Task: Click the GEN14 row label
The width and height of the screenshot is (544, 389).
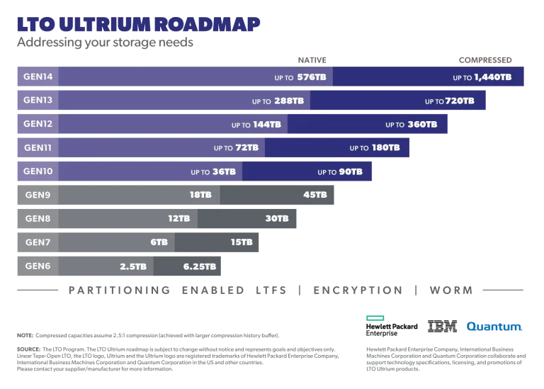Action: click(38, 77)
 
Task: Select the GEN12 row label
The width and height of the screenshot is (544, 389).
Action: click(38, 123)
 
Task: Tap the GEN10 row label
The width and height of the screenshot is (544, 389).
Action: click(38, 171)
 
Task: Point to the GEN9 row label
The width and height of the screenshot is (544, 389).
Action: click(38, 195)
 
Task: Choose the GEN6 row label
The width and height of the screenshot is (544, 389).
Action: click(38, 266)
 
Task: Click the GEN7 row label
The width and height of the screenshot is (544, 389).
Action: click(38, 242)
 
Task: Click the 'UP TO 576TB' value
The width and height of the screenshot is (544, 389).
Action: click(300, 77)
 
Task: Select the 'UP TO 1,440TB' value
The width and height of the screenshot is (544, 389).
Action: click(482, 77)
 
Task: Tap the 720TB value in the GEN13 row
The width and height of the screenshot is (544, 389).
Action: click(450, 101)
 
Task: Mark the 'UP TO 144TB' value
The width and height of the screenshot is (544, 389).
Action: click(256, 125)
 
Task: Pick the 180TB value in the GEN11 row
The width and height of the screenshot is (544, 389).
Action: click(375, 148)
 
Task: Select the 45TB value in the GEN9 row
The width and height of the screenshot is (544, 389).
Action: click(315, 195)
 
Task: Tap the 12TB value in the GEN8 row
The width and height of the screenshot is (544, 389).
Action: click(179, 219)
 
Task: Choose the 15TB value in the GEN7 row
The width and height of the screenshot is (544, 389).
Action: click(242, 242)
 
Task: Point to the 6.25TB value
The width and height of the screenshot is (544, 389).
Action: click(200, 266)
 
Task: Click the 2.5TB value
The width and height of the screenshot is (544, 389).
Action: click(133, 266)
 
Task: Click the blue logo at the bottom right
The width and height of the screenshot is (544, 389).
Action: click(494, 327)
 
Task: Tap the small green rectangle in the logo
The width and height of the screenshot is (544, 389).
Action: click(373, 317)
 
